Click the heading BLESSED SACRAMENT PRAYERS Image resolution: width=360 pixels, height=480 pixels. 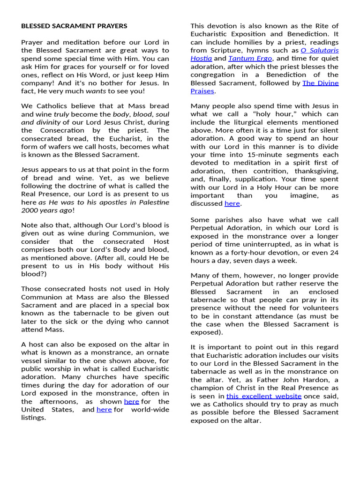pos(74,26)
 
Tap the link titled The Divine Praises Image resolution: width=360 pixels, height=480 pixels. pos(321,83)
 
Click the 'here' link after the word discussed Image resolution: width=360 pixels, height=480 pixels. pos(232,203)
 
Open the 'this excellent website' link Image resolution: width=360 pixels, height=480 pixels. pos(264,396)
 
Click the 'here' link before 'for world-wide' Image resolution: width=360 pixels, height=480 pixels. pos(104,410)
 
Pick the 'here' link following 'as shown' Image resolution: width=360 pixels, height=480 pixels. pos(131,402)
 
